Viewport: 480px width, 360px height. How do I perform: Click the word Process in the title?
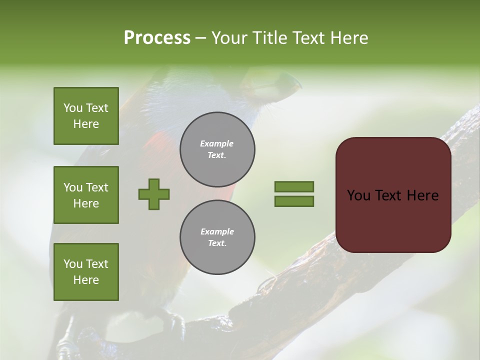click(x=156, y=37)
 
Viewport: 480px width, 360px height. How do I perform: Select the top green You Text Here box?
click(x=86, y=116)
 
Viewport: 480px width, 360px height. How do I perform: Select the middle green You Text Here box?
click(x=86, y=195)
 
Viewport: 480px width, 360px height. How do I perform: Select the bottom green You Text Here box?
click(x=86, y=272)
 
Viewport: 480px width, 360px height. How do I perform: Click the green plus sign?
click(x=154, y=194)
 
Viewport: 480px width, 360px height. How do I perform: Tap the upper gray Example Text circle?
click(x=217, y=149)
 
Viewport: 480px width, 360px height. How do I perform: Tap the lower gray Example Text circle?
click(x=217, y=237)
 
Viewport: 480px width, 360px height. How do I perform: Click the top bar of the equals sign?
click(x=294, y=186)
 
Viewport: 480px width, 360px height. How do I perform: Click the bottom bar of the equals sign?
click(x=294, y=201)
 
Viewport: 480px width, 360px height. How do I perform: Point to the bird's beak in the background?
click(x=282, y=85)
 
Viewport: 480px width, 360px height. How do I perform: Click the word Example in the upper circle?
click(x=217, y=143)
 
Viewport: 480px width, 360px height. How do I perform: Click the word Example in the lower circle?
click(x=217, y=231)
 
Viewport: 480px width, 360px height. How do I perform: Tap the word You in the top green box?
click(x=73, y=108)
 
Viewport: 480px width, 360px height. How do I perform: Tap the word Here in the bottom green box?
click(x=86, y=280)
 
